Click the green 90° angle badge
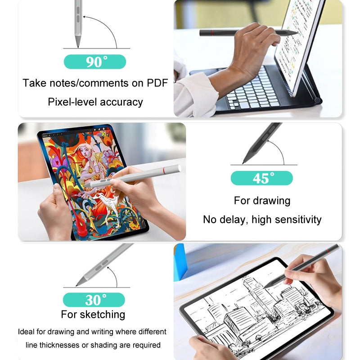[95, 62]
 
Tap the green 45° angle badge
[261, 178]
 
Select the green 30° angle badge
[94, 299]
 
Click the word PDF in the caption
[157, 83]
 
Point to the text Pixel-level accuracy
[95, 102]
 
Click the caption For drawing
[262, 200]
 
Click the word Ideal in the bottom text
[27, 332]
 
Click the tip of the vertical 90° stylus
[78, 45]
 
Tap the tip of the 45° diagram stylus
[243, 162]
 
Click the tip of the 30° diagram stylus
[77, 286]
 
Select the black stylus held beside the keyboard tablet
[247, 32]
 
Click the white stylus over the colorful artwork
[135, 177]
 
